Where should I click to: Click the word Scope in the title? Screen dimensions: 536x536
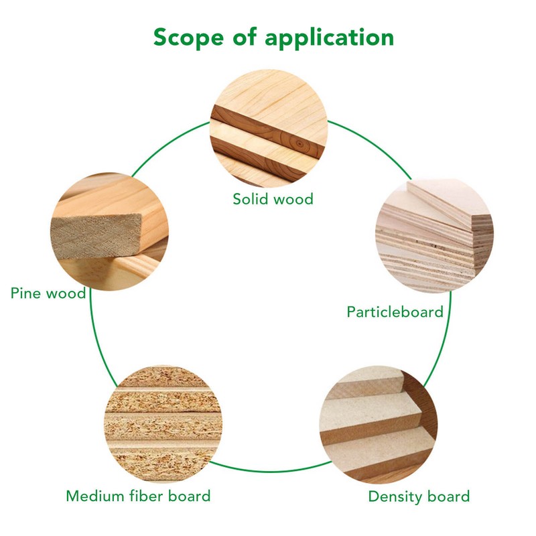[188, 37]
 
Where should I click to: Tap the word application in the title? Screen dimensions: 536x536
[329, 38]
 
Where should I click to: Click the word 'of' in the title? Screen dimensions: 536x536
[244, 36]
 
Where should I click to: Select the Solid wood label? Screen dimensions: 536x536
[273, 199]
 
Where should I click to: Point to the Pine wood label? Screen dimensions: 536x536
[48, 293]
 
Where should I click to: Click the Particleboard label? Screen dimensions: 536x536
[395, 312]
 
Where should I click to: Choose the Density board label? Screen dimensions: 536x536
[419, 496]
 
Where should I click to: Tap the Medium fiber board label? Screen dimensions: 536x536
[138, 496]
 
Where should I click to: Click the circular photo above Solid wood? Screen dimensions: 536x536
[269, 128]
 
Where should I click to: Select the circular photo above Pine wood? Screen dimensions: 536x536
[109, 231]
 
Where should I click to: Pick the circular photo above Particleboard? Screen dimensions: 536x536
[434, 234]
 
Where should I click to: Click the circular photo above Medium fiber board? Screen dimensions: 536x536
[163, 424]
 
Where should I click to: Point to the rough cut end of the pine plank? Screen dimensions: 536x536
[96, 236]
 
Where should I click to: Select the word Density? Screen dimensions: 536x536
[395, 496]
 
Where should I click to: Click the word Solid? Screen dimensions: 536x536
[251, 199]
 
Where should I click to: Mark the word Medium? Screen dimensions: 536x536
[95, 496]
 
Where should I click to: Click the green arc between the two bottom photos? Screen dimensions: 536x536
[270, 472]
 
